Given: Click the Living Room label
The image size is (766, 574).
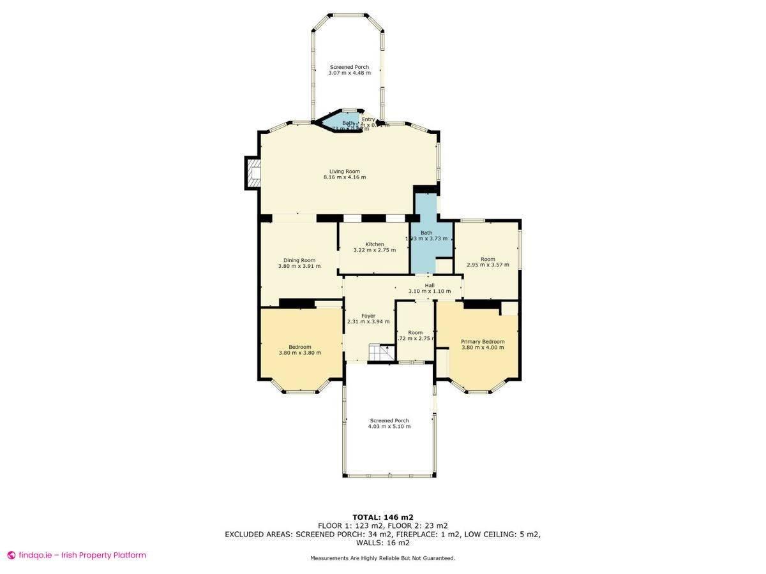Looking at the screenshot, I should click(x=345, y=171).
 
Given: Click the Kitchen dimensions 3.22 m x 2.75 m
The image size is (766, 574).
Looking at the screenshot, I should click(x=375, y=250).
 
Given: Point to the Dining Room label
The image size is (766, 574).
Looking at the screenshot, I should click(x=299, y=260).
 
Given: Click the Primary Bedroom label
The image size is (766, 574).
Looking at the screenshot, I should click(x=483, y=342).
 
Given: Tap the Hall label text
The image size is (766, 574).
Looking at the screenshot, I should click(x=430, y=285).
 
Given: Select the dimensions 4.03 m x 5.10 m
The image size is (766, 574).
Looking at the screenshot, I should click(x=389, y=426).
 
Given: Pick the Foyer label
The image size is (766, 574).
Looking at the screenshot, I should click(x=368, y=316).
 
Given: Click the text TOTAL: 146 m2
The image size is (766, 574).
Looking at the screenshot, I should click(x=382, y=517).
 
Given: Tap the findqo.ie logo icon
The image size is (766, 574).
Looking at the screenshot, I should click(x=11, y=555).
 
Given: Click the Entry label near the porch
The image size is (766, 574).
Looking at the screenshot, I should click(x=368, y=119).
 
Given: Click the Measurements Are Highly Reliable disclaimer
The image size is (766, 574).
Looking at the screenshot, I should click(x=382, y=558).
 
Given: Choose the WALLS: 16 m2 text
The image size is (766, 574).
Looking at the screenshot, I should click(x=382, y=543).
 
